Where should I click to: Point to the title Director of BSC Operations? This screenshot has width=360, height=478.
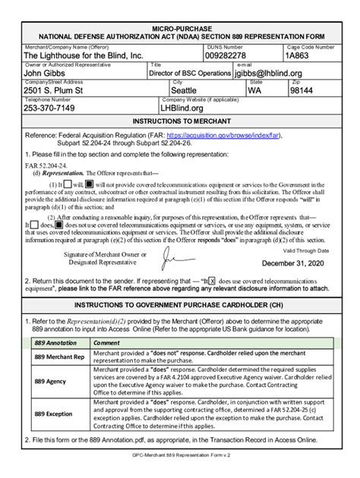[189, 74]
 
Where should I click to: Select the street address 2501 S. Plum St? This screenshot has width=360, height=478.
[59, 90]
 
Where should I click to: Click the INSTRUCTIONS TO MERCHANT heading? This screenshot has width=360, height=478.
[180, 121]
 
